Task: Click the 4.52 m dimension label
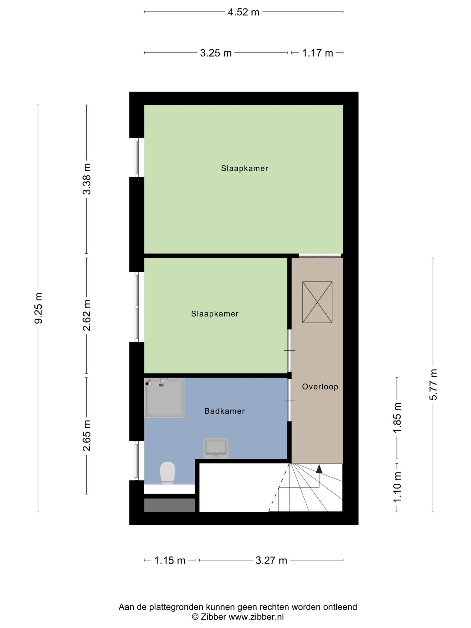tap(243, 12)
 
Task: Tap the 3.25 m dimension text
tap(216, 53)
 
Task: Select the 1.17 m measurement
tap(317, 53)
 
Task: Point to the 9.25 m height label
tap(39, 308)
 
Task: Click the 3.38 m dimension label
tap(87, 179)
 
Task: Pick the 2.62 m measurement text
tap(87, 315)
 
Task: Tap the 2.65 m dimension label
tap(87, 436)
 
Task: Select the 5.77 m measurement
tap(433, 385)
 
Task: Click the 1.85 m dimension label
tap(397, 418)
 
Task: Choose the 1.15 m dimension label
tap(170, 560)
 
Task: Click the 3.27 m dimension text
tap(271, 560)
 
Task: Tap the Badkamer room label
tap(225, 411)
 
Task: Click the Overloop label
tap(320, 387)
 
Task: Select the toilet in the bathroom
tap(167, 473)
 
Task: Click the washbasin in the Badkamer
tap(216, 448)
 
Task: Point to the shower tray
tap(164, 398)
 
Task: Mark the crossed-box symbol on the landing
tap(317, 302)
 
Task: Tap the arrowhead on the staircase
tap(319, 469)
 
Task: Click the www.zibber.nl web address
tap(256, 617)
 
